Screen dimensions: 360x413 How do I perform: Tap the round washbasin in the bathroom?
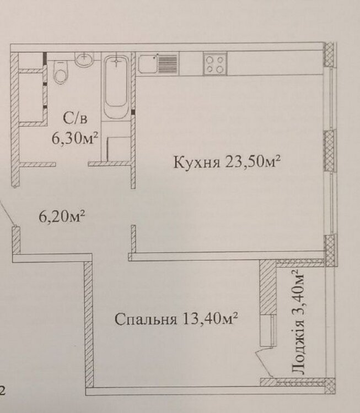point(84,58)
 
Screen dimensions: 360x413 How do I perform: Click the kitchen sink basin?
point(148,64)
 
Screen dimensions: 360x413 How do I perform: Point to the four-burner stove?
point(215,64)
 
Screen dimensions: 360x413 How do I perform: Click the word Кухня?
point(196,162)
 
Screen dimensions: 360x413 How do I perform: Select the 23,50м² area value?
point(252,161)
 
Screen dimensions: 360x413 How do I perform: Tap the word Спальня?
point(146,319)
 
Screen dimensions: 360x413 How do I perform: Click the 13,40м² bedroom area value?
point(209,319)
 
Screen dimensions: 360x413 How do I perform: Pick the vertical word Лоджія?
point(298,347)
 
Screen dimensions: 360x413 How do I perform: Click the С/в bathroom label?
point(75,118)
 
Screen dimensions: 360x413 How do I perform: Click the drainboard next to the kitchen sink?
point(167,63)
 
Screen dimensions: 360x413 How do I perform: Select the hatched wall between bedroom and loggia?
point(268,287)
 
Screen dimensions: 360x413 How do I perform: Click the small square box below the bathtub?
point(119,148)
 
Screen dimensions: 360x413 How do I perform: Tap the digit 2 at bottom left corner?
point(2,391)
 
